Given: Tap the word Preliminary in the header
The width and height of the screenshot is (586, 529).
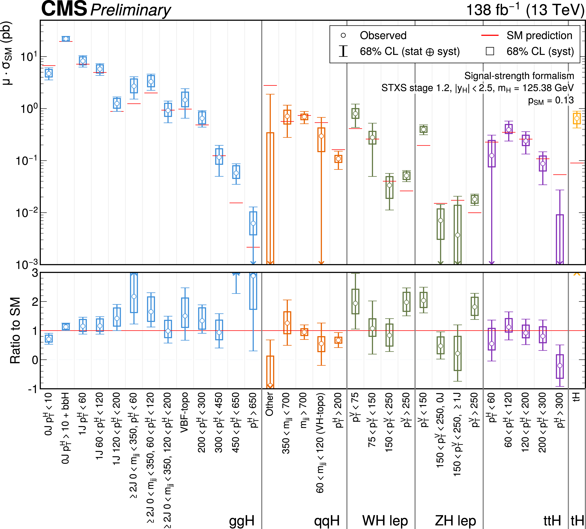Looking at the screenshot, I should click(131, 10).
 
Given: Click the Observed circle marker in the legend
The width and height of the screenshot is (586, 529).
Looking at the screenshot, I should click(343, 35).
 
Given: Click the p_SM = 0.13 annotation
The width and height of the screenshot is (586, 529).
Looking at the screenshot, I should click(551, 100).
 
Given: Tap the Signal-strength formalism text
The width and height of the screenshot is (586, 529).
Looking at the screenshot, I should click(519, 76).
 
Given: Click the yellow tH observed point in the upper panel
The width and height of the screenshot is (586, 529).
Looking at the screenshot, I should click(577, 118).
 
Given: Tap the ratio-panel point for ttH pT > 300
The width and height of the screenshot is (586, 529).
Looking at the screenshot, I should click(560, 365).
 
